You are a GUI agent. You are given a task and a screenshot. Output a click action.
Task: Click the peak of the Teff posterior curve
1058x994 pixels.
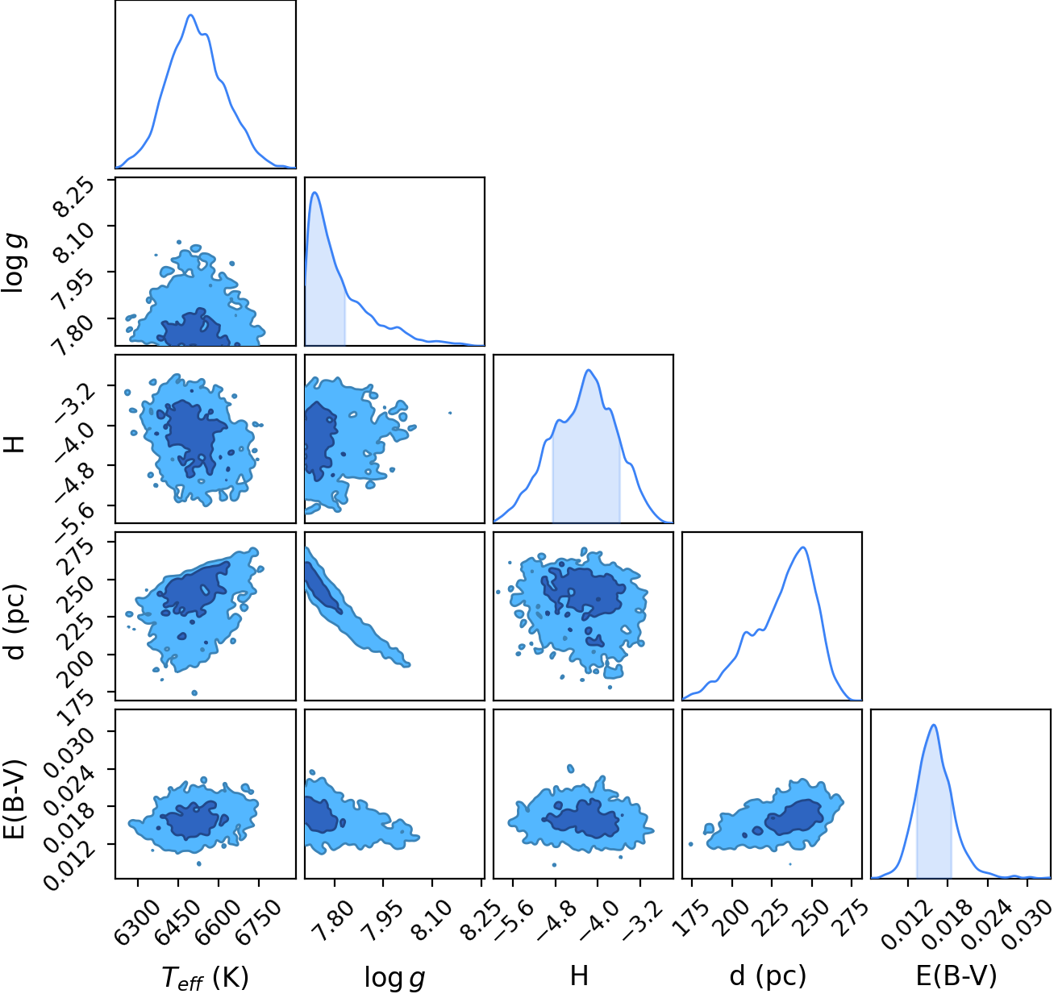click(191, 15)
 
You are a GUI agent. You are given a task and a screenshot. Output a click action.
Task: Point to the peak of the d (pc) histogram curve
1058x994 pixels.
click(802, 547)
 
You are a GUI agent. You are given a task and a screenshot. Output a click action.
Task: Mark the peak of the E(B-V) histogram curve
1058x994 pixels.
click(933, 725)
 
